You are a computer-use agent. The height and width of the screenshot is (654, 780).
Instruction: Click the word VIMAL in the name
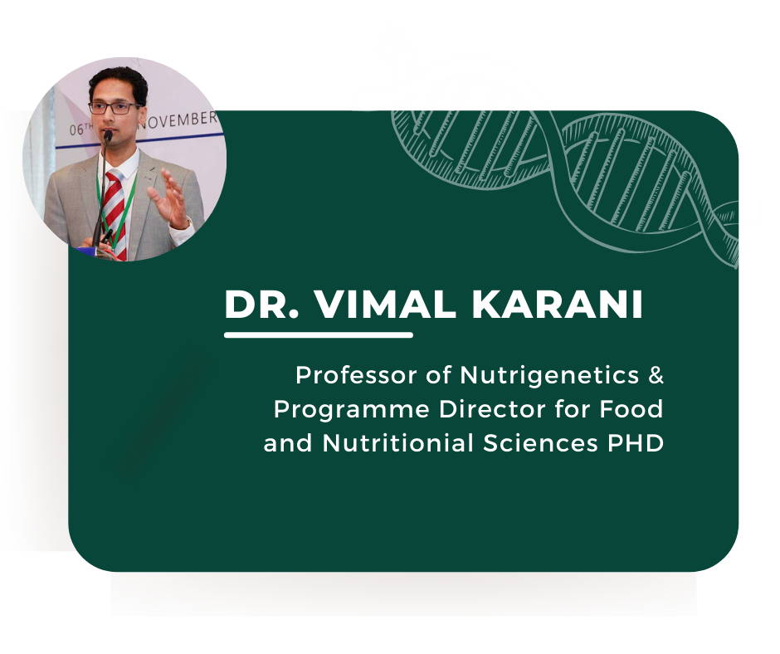(386, 304)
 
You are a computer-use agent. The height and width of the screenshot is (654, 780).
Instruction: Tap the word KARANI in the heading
(557, 304)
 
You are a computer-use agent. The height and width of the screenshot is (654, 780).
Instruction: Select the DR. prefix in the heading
(262, 304)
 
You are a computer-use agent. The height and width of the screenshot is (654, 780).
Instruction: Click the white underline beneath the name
(319, 335)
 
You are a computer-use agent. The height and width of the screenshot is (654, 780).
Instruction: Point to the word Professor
(356, 375)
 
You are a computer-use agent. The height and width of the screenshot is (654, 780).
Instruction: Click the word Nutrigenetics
(549, 375)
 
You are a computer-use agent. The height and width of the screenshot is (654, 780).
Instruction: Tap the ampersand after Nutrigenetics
(656, 375)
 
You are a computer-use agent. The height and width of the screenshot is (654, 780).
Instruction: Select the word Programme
(351, 410)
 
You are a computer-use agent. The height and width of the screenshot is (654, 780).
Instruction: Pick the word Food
(631, 409)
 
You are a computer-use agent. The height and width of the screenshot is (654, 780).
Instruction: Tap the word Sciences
(540, 443)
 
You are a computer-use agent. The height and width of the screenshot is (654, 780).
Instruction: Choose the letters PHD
(636, 443)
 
